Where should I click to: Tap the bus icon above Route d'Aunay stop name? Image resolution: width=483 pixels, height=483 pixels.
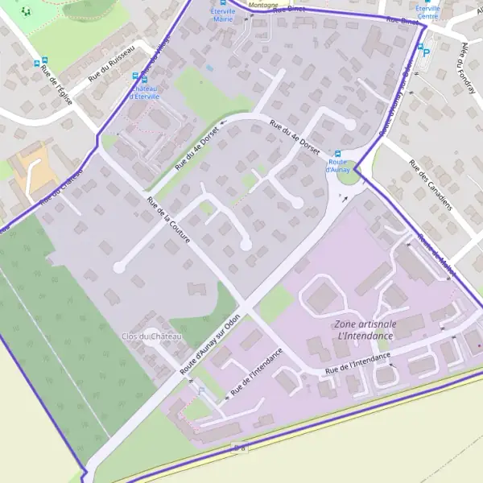(337, 154)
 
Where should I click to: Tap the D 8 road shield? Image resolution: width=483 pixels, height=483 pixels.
(238, 446)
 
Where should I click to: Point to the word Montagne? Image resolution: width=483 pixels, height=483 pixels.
(263, 4)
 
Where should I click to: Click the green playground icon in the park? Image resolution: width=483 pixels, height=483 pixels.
(26, 11)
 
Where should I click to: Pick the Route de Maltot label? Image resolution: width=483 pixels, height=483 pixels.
(437, 256)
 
